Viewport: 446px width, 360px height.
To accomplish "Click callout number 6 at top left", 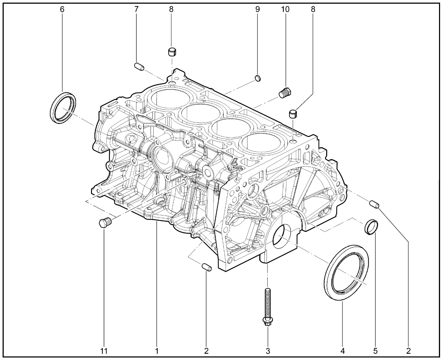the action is pos(62,10).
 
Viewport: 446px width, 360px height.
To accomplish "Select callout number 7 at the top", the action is pos(137,9).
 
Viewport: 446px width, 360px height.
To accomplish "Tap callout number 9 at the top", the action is pos(257,9).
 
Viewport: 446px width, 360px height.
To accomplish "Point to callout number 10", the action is pos(285,9).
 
